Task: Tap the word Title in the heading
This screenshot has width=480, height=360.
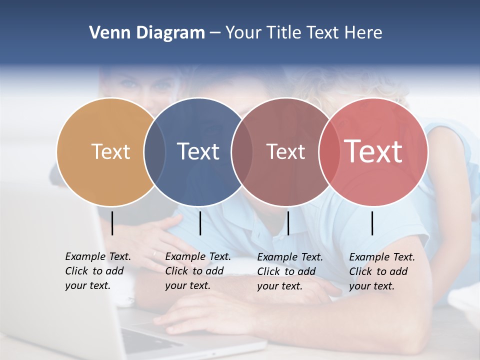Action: tap(286, 33)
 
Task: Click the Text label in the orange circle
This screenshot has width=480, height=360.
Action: tap(110, 151)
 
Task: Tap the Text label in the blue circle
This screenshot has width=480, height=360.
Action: tap(198, 151)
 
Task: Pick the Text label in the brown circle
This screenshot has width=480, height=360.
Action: tap(285, 151)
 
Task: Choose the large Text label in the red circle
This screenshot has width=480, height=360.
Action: tap(373, 151)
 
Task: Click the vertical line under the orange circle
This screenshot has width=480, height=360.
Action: tap(112, 223)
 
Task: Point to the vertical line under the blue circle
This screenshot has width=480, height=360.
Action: tap(200, 223)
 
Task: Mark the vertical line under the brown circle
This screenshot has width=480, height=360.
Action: tap(288, 223)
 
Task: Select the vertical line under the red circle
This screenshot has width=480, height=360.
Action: tap(372, 223)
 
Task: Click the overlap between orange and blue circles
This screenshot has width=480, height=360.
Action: tap(155, 151)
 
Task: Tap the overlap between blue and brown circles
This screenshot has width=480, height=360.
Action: tap(242, 151)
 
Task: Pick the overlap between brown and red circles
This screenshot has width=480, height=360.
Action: tap(328, 151)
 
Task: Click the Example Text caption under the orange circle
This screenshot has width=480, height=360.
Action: tap(98, 271)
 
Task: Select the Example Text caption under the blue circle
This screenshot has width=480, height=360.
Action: tap(198, 271)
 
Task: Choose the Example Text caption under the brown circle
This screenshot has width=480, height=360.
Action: tap(290, 271)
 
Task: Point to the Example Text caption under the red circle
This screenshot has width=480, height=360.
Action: tap(382, 271)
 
